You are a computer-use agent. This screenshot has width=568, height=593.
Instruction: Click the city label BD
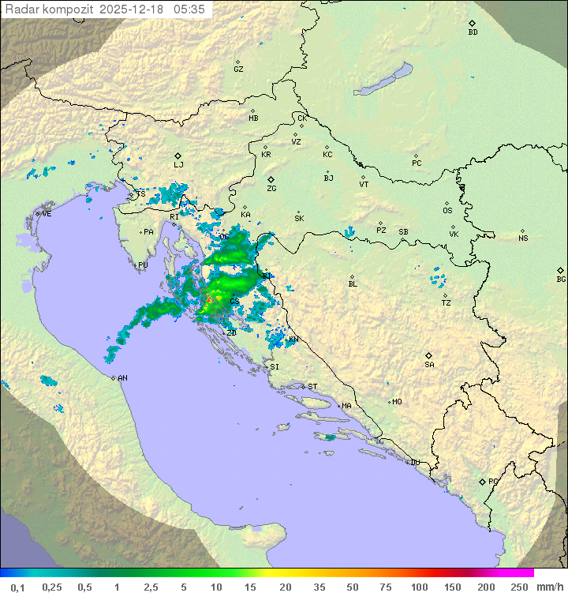[473, 32]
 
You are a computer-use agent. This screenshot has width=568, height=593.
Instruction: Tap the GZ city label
[238, 69]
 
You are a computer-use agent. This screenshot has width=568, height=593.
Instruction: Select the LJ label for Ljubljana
[178, 165]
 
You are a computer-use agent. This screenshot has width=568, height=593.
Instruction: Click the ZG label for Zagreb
[271, 189]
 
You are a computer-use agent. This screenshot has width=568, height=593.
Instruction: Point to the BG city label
[561, 280]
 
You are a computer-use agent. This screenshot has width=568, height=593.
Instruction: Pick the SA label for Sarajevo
[429, 365]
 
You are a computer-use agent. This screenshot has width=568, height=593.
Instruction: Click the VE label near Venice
[47, 214]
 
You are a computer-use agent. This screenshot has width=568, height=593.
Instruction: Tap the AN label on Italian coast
[122, 378]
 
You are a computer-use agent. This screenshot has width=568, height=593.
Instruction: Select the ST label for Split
[312, 387]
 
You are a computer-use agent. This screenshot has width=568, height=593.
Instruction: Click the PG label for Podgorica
[493, 481]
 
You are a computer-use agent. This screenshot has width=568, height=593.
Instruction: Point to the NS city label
[523, 238]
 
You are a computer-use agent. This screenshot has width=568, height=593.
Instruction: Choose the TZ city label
[446, 303]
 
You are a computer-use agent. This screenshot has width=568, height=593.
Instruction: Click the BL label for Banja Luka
[353, 284]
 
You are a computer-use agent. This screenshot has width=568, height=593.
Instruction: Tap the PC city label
[417, 163]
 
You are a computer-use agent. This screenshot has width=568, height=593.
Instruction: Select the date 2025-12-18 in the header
[133, 9]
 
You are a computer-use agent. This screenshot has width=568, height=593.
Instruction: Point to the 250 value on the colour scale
[519, 587]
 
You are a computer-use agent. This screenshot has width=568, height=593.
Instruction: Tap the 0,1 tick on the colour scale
[17, 587]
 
